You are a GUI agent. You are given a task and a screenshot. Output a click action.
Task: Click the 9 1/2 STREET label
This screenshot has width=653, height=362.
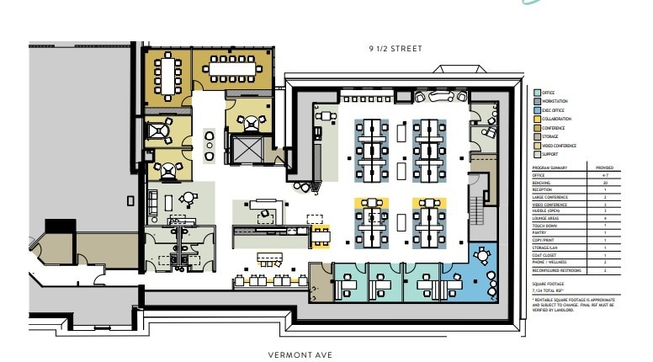[395, 49]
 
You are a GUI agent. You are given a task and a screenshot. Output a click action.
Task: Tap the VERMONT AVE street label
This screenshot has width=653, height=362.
[300, 354]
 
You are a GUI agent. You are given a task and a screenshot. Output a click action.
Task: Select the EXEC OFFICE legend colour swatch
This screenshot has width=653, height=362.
[536, 110]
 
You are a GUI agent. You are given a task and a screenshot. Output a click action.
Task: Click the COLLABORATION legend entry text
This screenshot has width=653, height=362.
[556, 120]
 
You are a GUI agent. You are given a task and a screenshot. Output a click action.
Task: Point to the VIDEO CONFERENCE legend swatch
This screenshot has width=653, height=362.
[536, 146]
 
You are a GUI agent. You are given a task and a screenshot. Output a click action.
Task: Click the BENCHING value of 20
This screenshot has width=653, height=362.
[605, 181]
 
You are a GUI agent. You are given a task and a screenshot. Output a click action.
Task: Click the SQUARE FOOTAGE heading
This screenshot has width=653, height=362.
[549, 285]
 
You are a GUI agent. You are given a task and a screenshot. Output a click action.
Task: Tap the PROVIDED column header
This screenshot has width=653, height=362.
[605, 168]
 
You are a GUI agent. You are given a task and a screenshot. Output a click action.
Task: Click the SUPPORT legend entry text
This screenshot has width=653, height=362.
[549, 155]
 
